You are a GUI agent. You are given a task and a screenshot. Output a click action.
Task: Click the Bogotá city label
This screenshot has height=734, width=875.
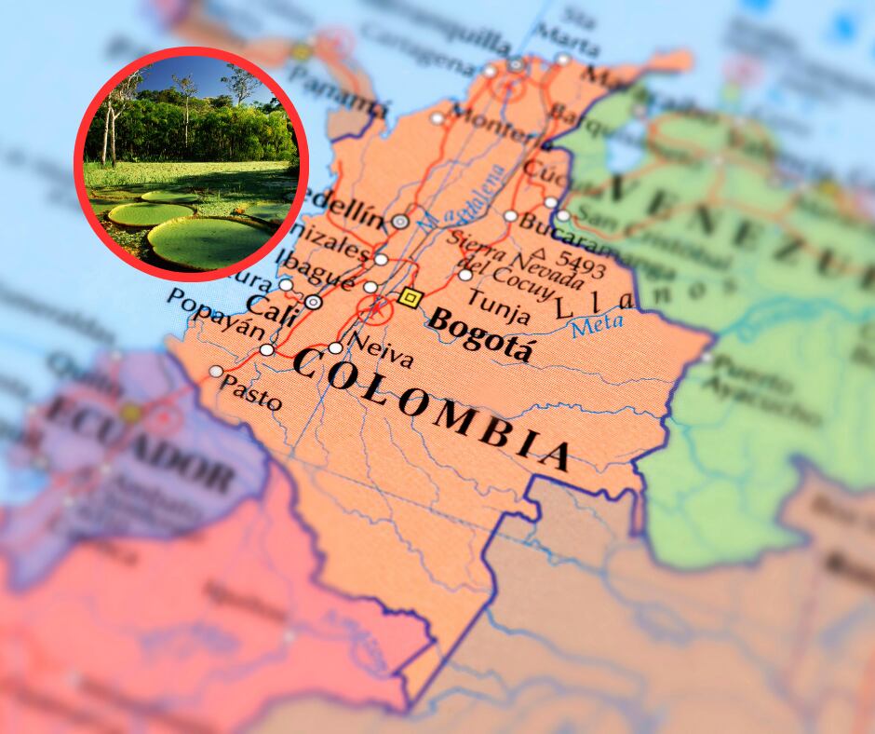[481, 337]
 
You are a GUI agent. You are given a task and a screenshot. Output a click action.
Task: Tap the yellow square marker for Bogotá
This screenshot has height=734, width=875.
[409, 298]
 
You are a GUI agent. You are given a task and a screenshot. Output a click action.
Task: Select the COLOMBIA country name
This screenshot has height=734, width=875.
[430, 405]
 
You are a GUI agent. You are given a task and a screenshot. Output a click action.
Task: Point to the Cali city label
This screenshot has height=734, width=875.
[272, 305]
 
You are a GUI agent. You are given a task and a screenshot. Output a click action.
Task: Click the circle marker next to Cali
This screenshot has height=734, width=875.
[314, 302]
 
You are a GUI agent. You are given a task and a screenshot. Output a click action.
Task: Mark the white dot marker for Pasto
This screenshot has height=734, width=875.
[216, 371]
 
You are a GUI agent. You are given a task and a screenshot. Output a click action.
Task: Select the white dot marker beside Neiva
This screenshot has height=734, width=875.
[335, 348]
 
